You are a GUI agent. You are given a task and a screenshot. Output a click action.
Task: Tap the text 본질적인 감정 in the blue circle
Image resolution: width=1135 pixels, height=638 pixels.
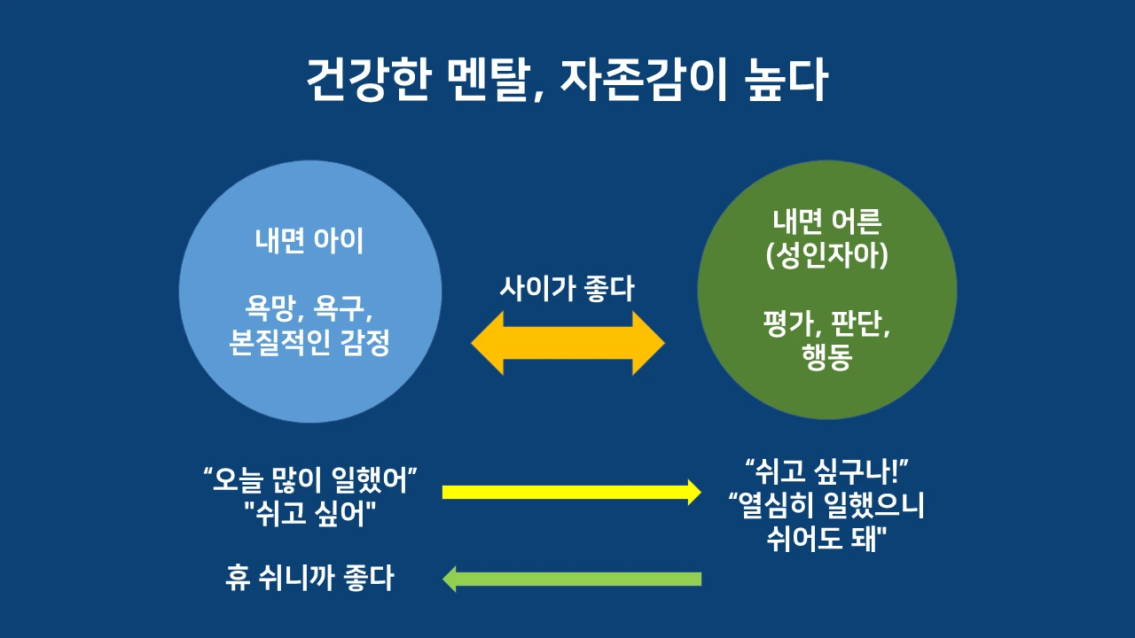pyautogui.click(x=309, y=343)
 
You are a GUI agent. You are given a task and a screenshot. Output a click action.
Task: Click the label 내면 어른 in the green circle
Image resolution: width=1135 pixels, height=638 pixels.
pyautogui.click(x=826, y=224)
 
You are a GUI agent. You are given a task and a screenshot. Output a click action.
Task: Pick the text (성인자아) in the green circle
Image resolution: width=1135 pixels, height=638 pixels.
pyautogui.click(x=826, y=257)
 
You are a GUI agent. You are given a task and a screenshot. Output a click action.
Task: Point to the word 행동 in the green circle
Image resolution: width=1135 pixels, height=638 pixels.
pyautogui.click(x=826, y=361)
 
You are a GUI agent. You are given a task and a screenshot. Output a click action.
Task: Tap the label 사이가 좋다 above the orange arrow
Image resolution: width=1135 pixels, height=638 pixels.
pyautogui.click(x=567, y=288)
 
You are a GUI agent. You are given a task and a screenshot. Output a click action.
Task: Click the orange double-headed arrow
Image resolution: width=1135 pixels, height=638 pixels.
pyautogui.click(x=567, y=343)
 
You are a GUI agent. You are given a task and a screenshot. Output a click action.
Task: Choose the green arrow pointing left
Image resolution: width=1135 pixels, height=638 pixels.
pyautogui.click(x=571, y=580)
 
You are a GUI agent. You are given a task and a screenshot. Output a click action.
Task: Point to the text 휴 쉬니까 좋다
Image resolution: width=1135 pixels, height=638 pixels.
pyautogui.click(x=309, y=579)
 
